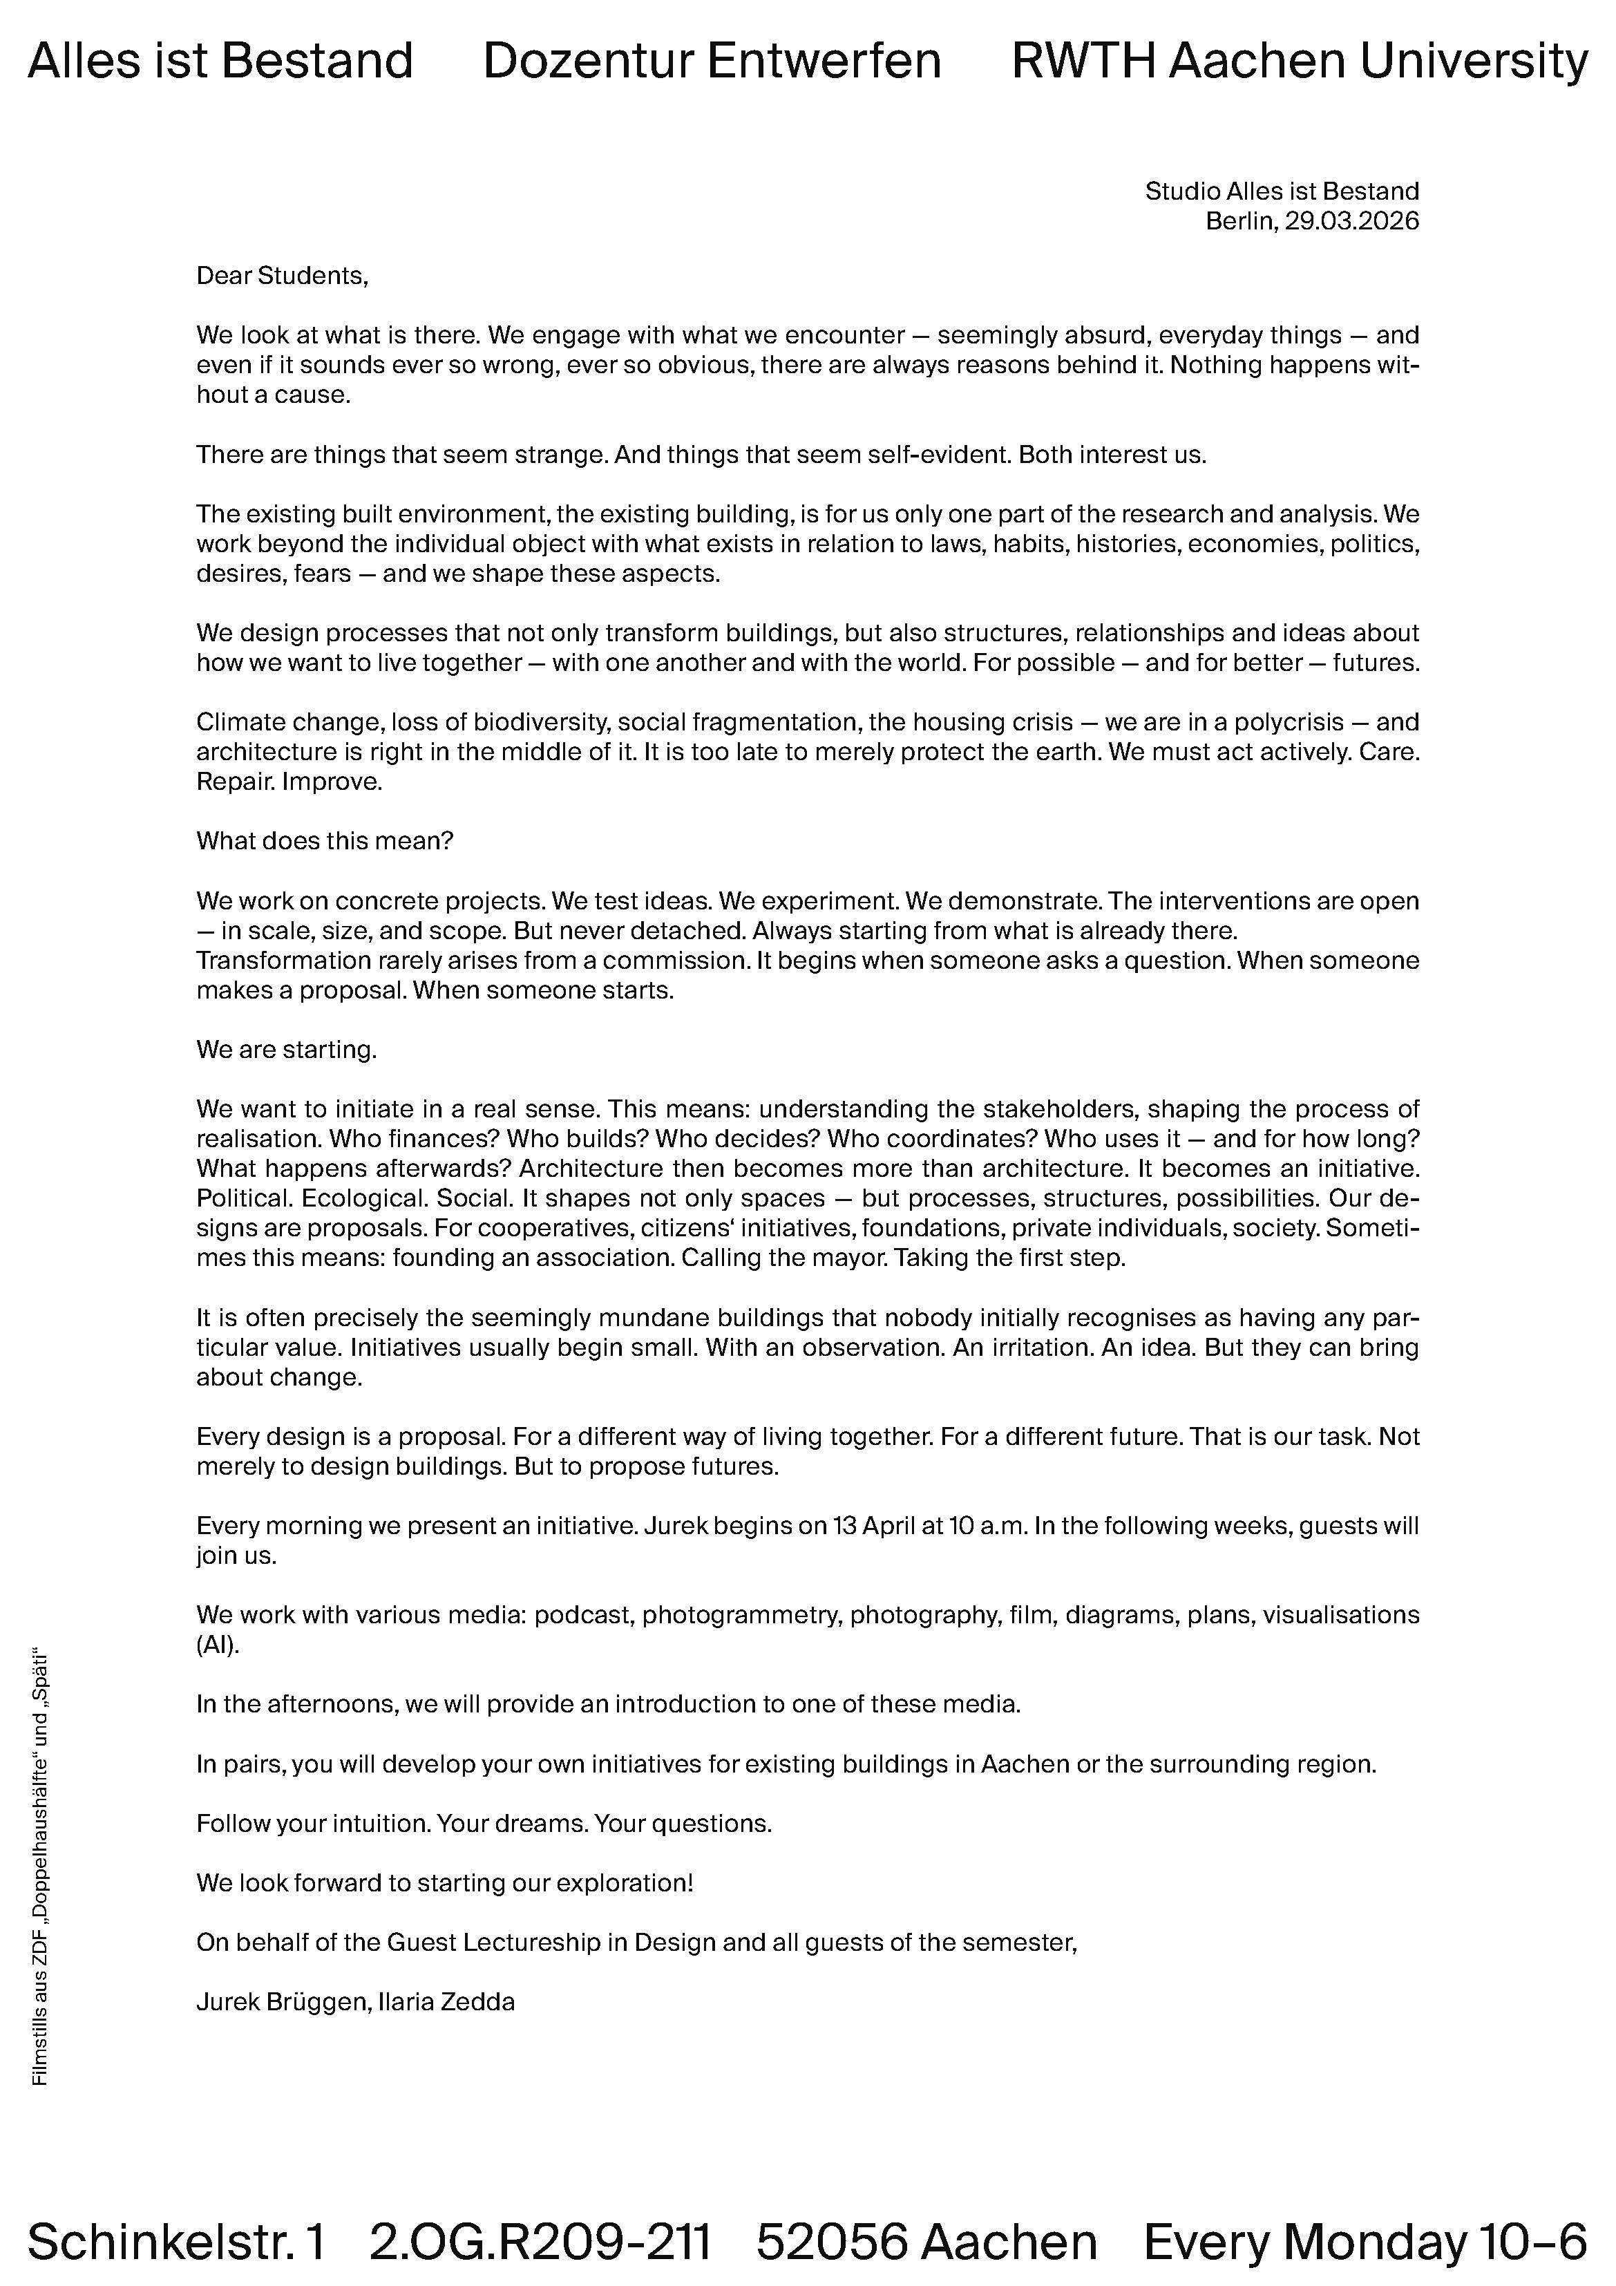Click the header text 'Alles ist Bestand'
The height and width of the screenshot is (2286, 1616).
coord(220,61)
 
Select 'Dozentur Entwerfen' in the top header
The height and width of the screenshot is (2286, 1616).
coord(712,61)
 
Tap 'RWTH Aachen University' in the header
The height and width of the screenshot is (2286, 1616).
coord(1300,61)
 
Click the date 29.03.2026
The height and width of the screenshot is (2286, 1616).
coord(1351,221)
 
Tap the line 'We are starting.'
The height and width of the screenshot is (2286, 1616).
coord(287,1050)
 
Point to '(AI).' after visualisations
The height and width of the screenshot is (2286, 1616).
coord(218,1645)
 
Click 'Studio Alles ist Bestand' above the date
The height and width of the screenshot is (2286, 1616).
coord(1282,191)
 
